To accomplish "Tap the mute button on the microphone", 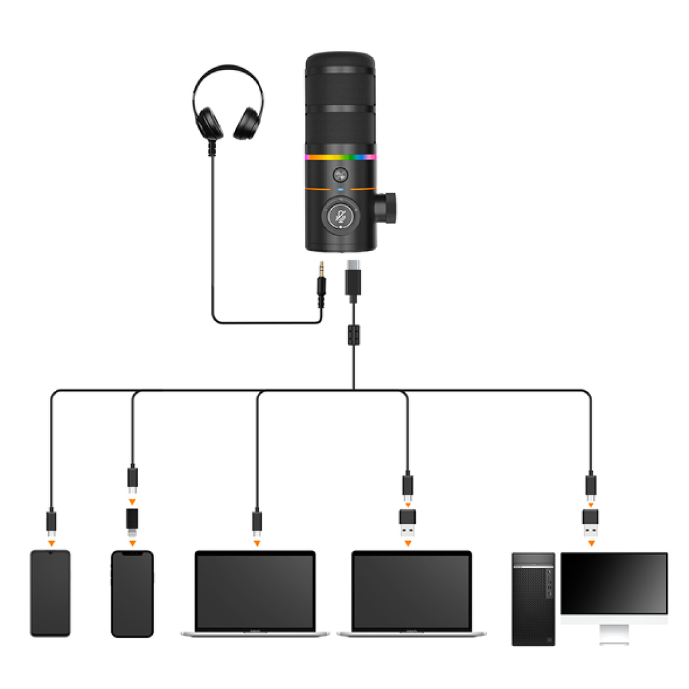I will (341, 217).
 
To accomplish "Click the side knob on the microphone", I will (387, 207).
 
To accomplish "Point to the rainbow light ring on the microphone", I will (340, 157).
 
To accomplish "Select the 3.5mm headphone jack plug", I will (322, 285).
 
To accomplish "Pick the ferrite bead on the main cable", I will (353, 334).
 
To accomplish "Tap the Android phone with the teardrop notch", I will (50, 593).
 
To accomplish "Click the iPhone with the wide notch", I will (132, 593).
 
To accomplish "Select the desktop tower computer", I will (533, 599).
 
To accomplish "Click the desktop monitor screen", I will (614, 583).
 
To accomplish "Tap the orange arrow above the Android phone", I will (51, 541).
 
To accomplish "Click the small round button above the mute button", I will (340, 176).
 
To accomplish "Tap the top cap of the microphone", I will (340, 59).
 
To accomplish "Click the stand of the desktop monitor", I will (614, 633).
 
